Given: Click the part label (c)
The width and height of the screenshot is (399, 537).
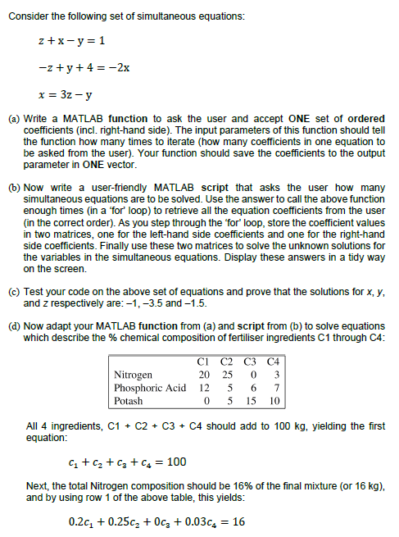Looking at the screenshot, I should [x=13, y=289].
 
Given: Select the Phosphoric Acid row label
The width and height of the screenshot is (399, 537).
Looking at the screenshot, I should [x=149, y=389].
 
